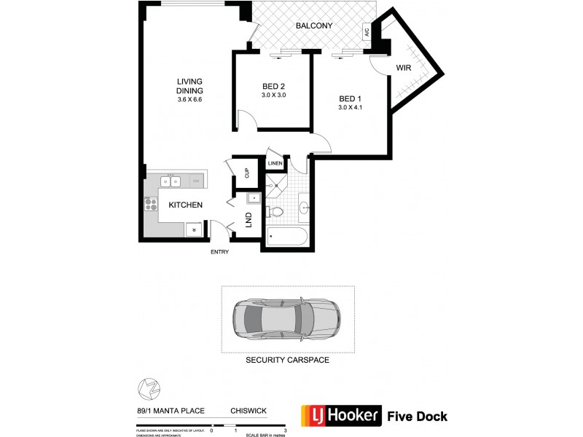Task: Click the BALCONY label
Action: coord(315,26)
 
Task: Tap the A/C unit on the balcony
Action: coord(367,32)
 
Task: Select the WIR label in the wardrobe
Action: coord(404,67)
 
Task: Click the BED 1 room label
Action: coord(350,99)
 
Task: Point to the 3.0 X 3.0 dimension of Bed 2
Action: coord(274,95)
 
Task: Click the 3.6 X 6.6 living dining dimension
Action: coord(189,99)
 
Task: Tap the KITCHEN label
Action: coord(185,205)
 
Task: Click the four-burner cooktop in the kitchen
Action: coord(152,204)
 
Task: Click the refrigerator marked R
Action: coord(194,229)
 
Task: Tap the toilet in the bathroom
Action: coord(275,212)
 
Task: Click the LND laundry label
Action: coord(249,219)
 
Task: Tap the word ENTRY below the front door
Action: coord(219,252)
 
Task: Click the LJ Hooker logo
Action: coord(340,417)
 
